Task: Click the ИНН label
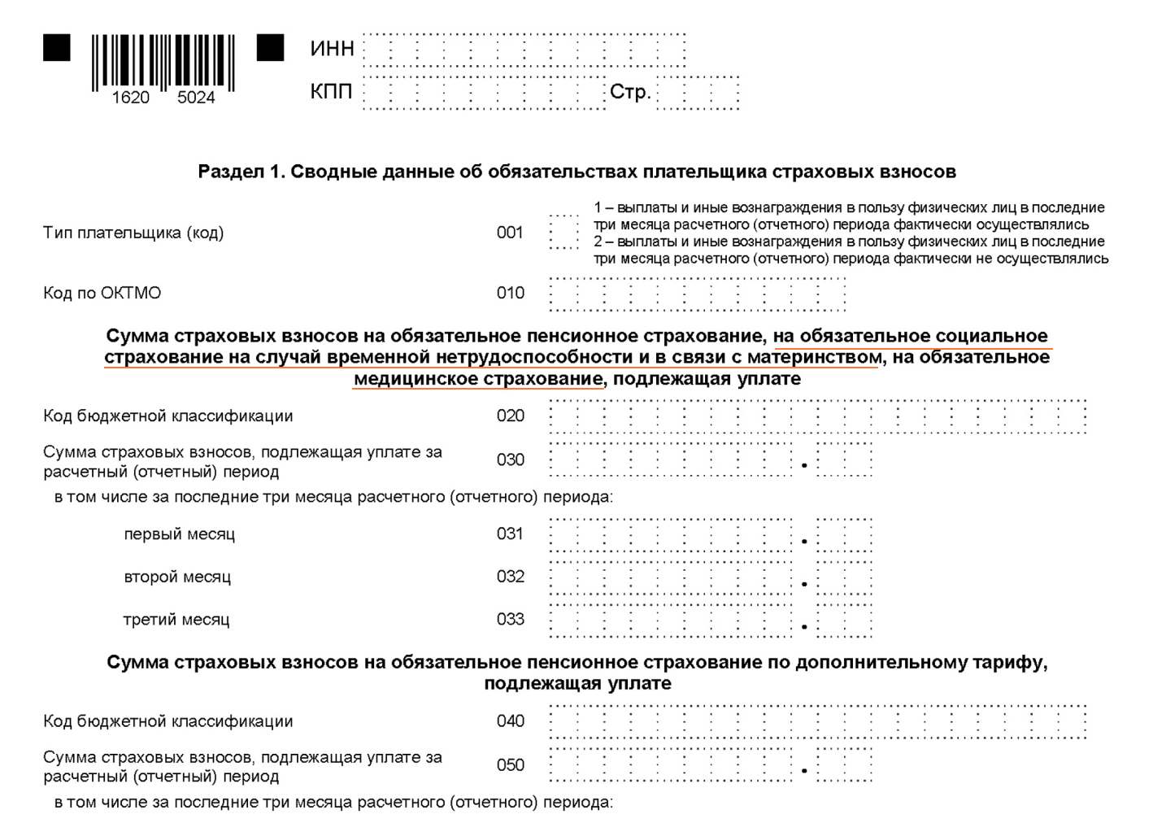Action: (332, 49)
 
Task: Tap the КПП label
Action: (331, 92)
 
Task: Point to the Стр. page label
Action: (630, 92)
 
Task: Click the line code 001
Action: (510, 233)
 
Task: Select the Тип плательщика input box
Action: (563, 233)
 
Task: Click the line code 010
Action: (510, 293)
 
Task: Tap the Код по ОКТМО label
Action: (102, 293)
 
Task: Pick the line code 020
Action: (510, 416)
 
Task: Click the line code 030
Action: (510, 459)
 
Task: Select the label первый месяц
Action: (179, 534)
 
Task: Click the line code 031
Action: (510, 533)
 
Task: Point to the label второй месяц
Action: (177, 577)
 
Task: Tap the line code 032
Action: (510, 577)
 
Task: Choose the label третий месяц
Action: (176, 620)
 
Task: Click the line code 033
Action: (510, 619)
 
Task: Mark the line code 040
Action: (510, 721)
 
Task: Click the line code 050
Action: (510, 764)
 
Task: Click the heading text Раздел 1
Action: (240, 172)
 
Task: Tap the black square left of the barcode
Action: (57, 48)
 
